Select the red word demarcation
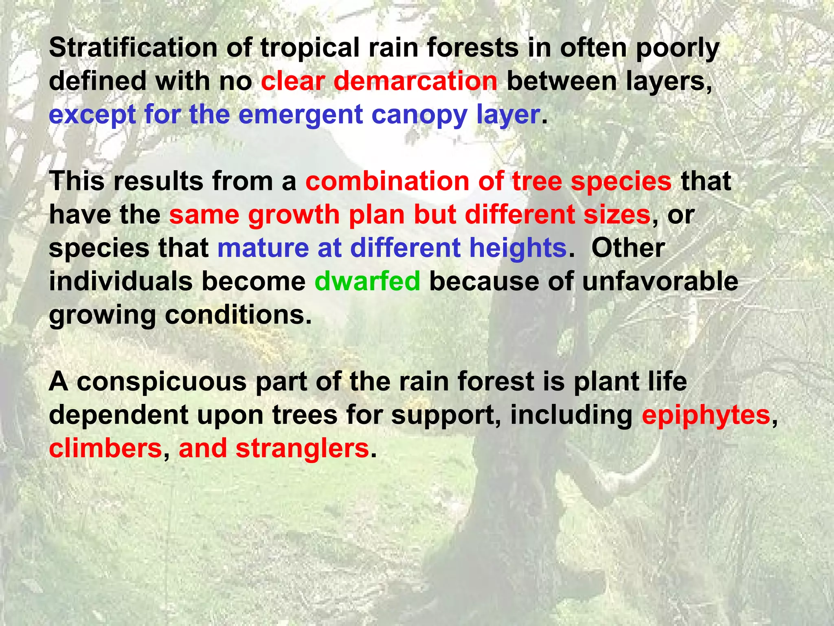[x=415, y=81]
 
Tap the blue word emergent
[x=301, y=115]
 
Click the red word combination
[x=387, y=181]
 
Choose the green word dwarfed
[x=367, y=282]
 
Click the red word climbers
[x=105, y=449]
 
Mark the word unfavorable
[x=660, y=282]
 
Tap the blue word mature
[x=263, y=248]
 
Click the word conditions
[x=238, y=315]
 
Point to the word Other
[x=628, y=248]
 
